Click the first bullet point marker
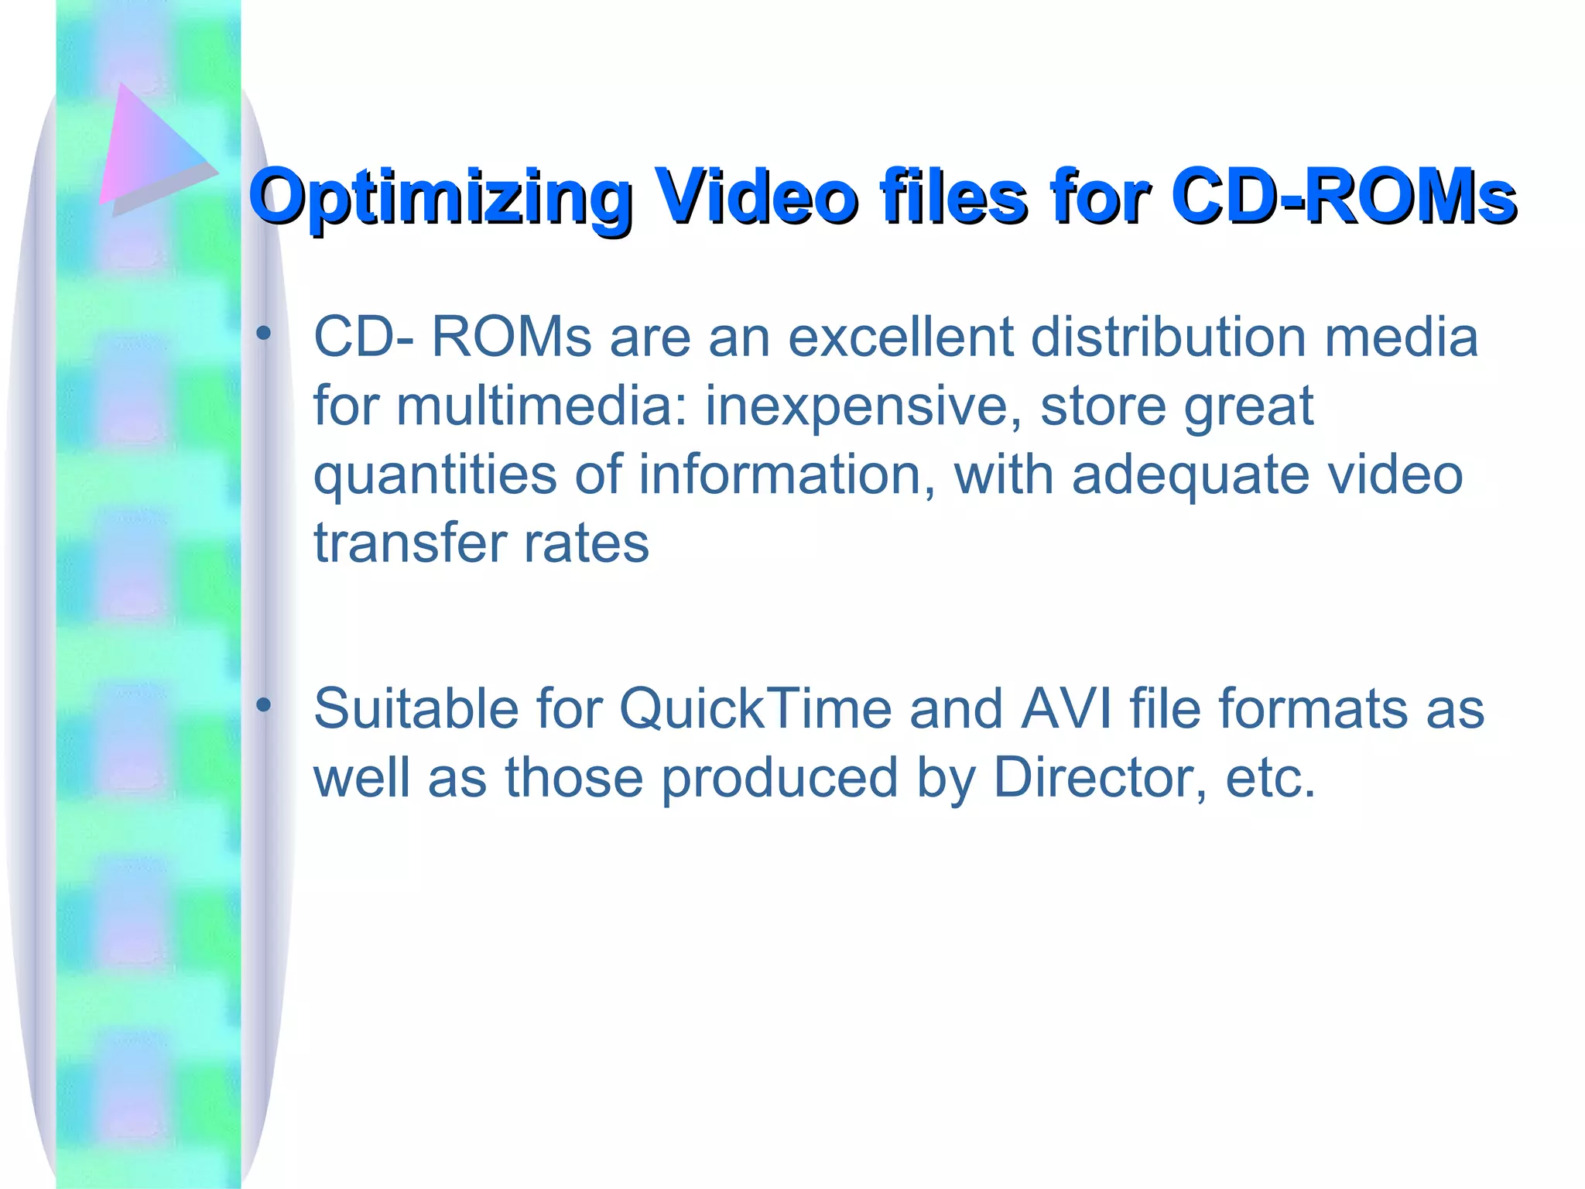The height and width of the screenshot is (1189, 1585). pyautogui.click(x=264, y=334)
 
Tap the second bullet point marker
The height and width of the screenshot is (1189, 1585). pyautogui.click(x=264, y=704)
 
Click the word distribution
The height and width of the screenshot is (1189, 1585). pyautogui.click(x=1168, y=338)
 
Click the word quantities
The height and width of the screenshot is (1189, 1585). pyautogui.click(x=434, y=475)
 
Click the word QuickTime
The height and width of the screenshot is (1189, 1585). pyautogui.click(x=755, y=709)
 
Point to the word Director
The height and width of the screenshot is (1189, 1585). pyautogui.click(x=1099, y=777)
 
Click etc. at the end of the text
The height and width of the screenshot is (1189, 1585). pyautogui.click(x=1270, y=777)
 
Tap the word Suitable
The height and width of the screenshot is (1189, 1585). pyautogui.click(x=415, y=709)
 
